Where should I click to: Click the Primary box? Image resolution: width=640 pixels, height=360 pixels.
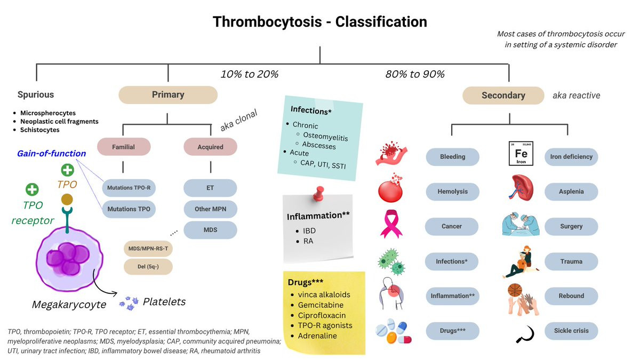168,95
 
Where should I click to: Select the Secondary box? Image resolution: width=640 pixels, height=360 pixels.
503,95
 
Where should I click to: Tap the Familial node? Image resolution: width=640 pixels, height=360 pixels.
124,147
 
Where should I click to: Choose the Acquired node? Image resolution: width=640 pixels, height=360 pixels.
210,147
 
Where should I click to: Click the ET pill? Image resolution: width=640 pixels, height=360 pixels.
210,188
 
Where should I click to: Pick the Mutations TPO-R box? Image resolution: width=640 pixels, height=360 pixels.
129,188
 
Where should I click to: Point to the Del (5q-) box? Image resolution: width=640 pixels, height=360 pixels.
148,267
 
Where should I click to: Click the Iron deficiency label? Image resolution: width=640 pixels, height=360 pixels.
571,157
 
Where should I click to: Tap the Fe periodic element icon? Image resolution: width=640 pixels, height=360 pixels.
521,154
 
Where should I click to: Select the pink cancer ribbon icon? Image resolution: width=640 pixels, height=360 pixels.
391,224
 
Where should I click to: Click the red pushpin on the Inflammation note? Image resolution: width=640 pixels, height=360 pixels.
319,194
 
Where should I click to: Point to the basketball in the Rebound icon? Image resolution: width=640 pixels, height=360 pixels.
515,290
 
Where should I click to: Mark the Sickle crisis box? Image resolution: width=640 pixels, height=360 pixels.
571,331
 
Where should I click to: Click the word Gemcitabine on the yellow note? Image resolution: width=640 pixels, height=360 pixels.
321,305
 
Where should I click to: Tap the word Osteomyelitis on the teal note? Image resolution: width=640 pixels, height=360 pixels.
325,137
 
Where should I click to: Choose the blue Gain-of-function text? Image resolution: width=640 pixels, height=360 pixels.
51,154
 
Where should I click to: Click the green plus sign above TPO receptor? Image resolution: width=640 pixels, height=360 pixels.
32,189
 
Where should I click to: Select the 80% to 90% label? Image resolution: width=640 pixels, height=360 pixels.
415,74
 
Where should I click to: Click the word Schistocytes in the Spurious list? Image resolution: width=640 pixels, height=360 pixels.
39,130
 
